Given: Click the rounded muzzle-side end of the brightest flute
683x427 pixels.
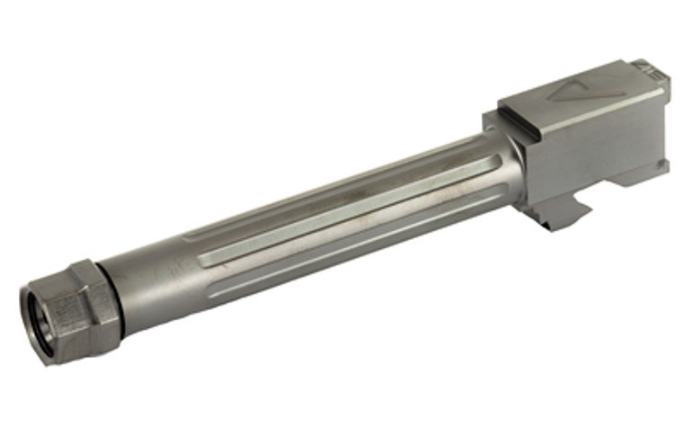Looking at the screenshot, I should pyautogui.click(x=202, y=261).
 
